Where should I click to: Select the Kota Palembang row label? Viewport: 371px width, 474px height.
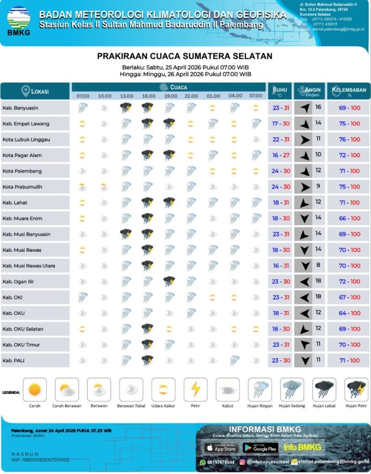pos(22,171)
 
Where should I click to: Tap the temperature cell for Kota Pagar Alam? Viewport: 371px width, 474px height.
pos(281,156)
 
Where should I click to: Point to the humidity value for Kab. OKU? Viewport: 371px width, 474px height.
pos(349,313)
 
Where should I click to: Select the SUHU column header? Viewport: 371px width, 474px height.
pos(280,90)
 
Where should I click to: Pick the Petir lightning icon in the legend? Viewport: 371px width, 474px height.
pos(196,390)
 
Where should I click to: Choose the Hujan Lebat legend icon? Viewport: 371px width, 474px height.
pos(324,390)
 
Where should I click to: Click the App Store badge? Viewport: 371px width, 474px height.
pos(220,448)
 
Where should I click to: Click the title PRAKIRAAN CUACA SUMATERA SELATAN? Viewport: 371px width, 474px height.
pos(185,56)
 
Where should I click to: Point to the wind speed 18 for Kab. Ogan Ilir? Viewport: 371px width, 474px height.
pos(318,281)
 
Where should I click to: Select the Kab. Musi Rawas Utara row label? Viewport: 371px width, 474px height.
pos(29,266)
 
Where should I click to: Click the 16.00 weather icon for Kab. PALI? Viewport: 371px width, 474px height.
pos(148,360)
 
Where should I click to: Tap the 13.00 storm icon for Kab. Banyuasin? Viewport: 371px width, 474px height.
pos(125,108)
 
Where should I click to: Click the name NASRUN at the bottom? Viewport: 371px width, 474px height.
pos(25,454)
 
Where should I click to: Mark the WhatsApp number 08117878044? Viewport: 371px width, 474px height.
pos(221,462)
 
